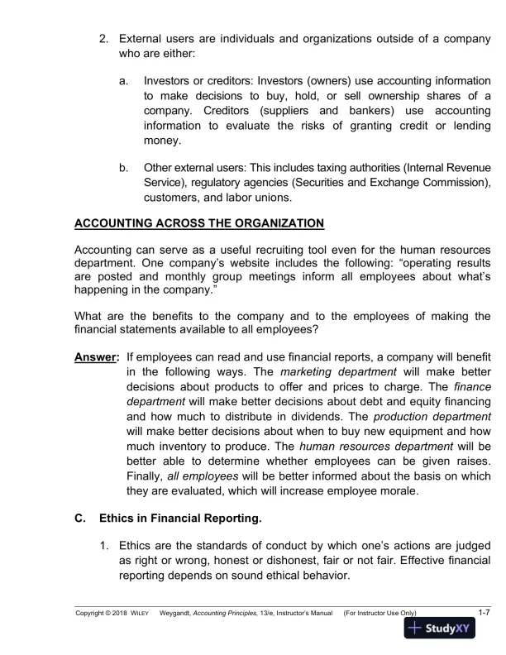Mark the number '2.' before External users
click(x=103, y=40)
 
